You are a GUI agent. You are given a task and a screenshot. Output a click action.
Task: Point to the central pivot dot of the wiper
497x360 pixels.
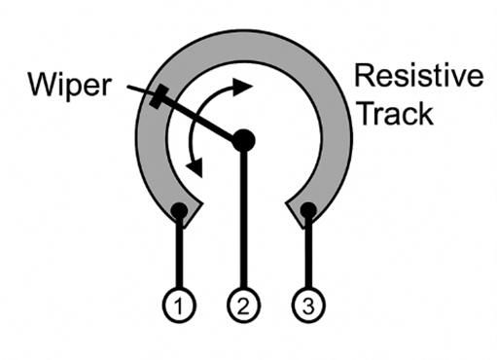pos(243,140)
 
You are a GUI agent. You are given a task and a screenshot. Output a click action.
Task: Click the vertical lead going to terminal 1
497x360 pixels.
pos(179,253)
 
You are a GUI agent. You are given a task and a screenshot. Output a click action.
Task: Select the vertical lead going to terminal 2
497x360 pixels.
pos(243,224)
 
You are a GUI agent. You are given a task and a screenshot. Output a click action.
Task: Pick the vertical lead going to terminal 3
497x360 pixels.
pos(307,253)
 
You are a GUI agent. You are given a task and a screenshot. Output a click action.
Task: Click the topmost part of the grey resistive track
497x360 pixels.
pos(243,50)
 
